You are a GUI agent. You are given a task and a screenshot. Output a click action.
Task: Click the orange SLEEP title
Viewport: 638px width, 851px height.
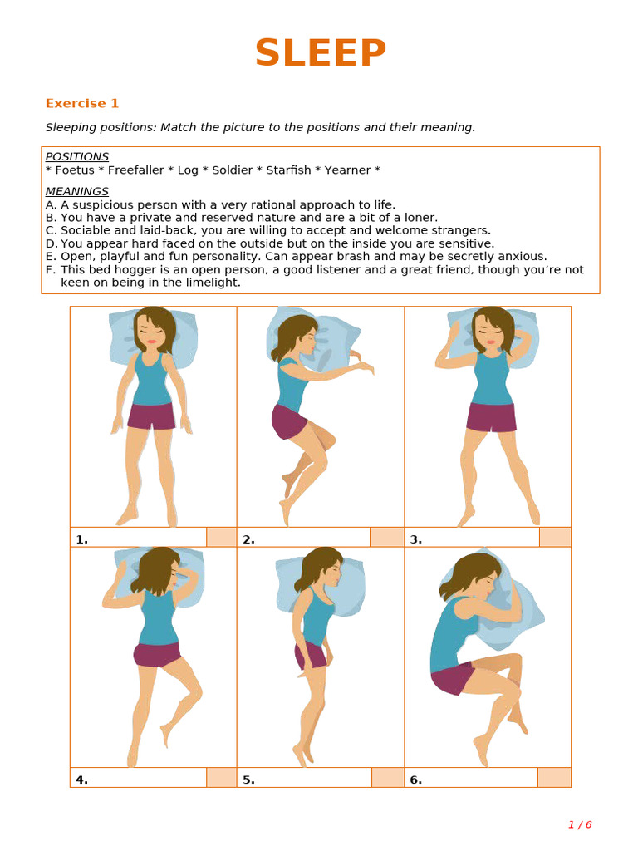tap(320, 54)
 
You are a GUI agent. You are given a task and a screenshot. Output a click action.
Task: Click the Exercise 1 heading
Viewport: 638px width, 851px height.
tap(82, 104)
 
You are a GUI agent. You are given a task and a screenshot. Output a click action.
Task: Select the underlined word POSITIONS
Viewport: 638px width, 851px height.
tap(76, 157)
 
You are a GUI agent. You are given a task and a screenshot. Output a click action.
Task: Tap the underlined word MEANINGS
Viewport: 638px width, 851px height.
tap(76, 192)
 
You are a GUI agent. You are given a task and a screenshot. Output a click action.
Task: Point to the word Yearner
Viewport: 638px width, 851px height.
tap(347, 170)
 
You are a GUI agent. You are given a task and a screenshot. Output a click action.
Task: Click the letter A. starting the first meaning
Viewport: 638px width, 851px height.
tap(51, 205)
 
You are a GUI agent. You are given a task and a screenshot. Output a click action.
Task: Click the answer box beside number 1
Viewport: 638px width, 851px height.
tap(221, 537)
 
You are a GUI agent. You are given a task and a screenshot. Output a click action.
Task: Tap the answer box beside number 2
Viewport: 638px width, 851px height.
tap(386, 537)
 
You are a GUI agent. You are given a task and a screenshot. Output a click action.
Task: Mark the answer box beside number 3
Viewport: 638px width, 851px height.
tap(555, 537)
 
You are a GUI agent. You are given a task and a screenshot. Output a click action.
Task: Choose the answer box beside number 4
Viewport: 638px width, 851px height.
tap(221, 778)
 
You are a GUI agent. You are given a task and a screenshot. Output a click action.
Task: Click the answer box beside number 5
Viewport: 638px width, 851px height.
tap(387, 778)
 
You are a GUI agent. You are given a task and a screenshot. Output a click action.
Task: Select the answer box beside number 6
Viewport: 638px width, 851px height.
tap(554, 778)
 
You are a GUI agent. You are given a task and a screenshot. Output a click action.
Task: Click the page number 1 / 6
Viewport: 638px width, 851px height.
tap(580, 825)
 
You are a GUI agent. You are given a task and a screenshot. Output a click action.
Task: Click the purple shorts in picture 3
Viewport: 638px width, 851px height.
tap(491, 417)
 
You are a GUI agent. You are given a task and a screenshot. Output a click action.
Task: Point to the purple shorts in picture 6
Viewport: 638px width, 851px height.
tap(452, 678)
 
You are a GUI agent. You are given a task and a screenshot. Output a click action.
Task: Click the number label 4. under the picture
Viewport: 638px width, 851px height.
tap(81, 780)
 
